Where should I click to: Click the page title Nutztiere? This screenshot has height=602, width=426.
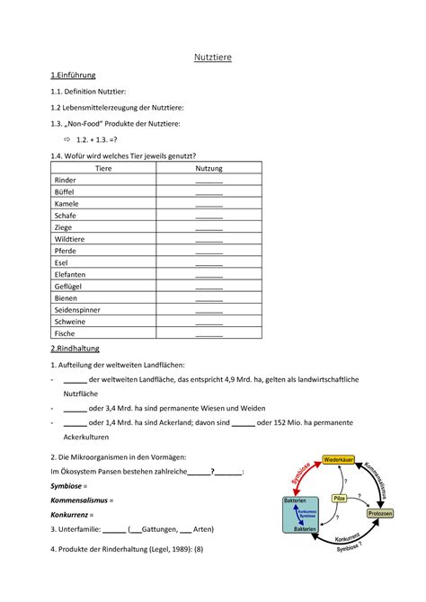click(x=213, y=58)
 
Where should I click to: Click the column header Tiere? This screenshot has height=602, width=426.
click(x=103, y=168)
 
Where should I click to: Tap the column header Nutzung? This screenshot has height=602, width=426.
click(x=209, y=168)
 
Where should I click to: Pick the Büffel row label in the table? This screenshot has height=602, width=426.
click(x=65, y=192)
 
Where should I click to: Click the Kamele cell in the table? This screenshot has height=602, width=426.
click(x=67, y=204)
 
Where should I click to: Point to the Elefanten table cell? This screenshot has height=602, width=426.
click(x=71, y=274)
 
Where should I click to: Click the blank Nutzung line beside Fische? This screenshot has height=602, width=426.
click(x=209, y=333)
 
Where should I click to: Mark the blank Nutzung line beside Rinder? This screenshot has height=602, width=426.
click(x=209, y=181)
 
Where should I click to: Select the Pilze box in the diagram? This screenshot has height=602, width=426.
click(x=339, y=497)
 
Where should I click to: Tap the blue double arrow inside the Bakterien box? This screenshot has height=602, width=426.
click(x=297, y=515)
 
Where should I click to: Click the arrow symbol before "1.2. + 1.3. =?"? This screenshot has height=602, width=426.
click(x=66, y=140)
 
